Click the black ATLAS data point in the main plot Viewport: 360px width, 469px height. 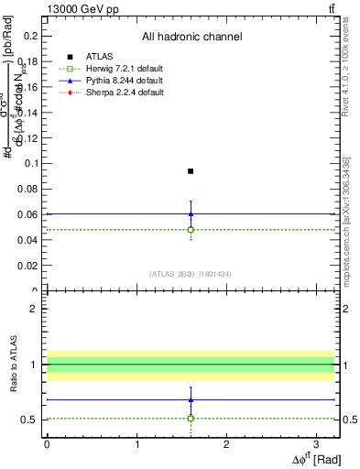tap(191, 171)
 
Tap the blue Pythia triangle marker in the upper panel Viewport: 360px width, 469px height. tap(191, 213)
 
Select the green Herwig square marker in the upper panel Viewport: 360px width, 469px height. tap(191, 230)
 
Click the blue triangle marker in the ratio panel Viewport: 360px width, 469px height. tap(191, 399)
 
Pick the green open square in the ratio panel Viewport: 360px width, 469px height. tap(191, 418)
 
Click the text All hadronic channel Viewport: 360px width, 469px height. tap(191, 37)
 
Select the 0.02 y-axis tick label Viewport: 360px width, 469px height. tap(30, 266)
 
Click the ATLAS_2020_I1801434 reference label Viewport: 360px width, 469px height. tap(191, 273)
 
